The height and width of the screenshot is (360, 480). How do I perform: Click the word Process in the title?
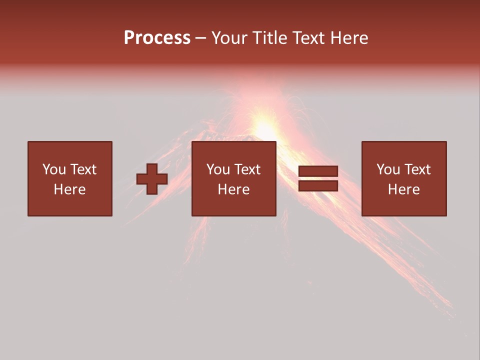pos(157,38)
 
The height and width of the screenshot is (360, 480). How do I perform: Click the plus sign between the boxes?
pos(152,179)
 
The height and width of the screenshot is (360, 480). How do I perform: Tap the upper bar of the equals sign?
pos(318,171)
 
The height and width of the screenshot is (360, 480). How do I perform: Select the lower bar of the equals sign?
pos(318,186)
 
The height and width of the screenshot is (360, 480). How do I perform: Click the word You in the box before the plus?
pos(54,169)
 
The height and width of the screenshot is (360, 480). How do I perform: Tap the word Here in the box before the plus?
pos(69,189)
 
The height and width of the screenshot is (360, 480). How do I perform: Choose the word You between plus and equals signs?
pos(218,169)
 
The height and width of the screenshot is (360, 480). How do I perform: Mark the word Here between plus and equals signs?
pos(233,189)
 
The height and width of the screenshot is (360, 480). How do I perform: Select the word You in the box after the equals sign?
pos(388,169)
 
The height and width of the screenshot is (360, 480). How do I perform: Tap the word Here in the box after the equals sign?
pos(403,189)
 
